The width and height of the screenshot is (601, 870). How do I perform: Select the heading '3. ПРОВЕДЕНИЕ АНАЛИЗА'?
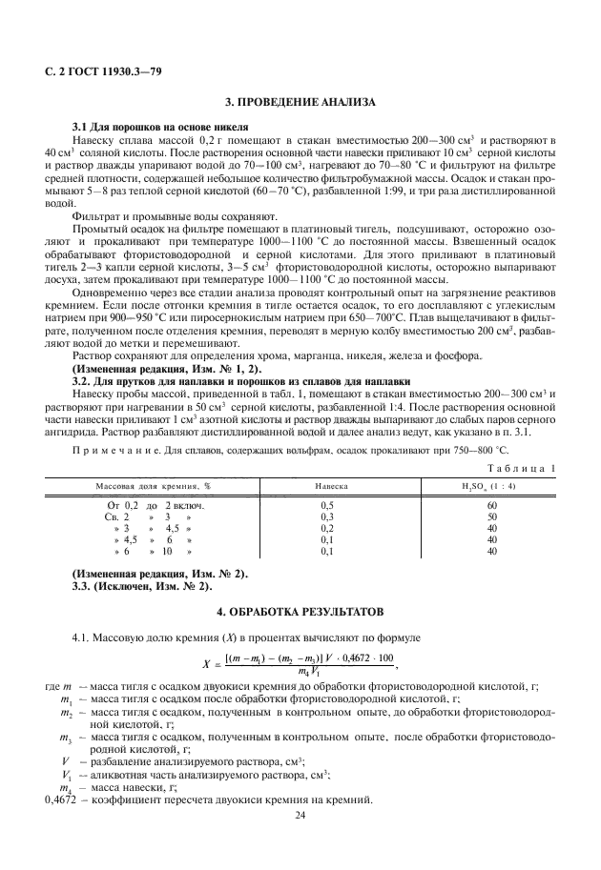[300, 102]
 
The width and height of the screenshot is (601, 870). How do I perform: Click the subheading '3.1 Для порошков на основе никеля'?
[148, 127]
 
